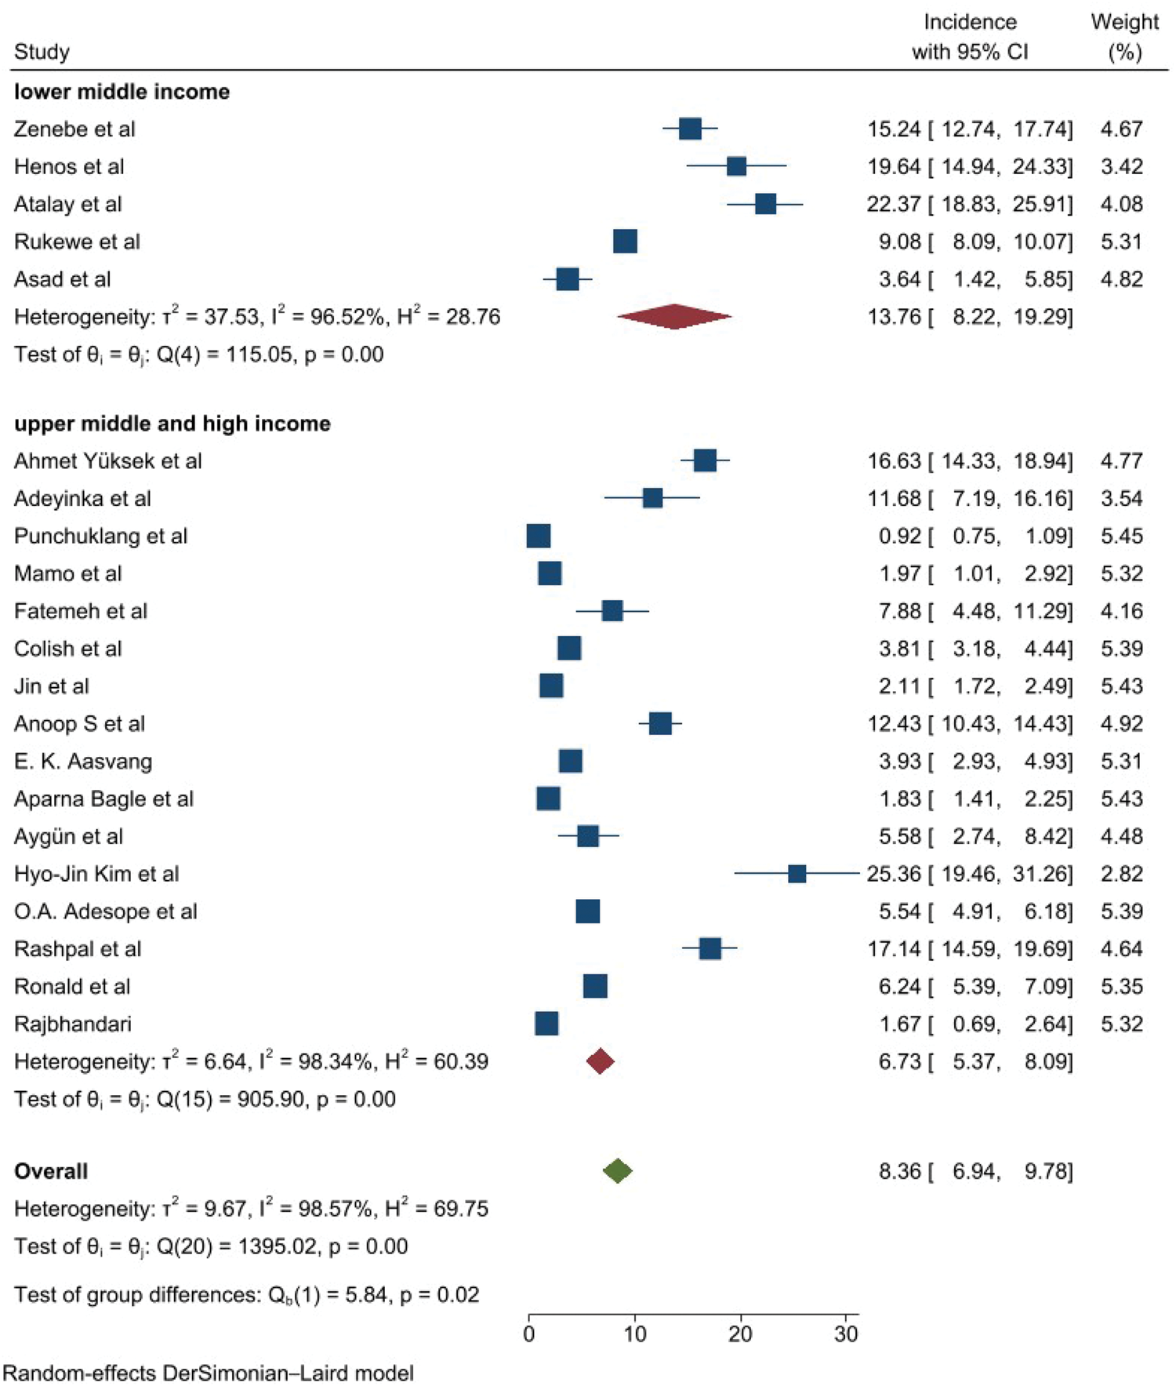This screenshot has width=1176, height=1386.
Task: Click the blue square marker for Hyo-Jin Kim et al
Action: click(797, 874)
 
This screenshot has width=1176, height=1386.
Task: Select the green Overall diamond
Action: click(618, 1170)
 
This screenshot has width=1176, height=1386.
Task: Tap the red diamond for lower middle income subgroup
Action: click(674, 316)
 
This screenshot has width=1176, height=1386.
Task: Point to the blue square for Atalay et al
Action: click(765, 204)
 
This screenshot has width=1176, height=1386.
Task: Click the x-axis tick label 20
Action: click(740, 1333)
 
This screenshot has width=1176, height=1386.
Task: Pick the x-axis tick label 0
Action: click(529, 1333)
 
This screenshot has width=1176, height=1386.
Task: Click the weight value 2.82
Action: click(1121, 874)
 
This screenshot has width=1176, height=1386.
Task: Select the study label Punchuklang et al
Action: click(100, 537)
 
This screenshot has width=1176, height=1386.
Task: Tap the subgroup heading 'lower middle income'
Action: click(122, 92)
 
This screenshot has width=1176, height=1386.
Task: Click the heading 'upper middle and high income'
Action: click(172, 424)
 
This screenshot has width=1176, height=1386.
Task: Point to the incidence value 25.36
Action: click(894, 874)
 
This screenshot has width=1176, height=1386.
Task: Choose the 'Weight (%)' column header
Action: click(1124, 37)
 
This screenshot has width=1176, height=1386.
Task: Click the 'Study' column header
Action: click(42, 52)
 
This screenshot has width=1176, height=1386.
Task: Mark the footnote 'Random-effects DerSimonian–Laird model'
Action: click(209, 1373)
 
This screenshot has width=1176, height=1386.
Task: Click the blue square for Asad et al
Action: click(567, 279)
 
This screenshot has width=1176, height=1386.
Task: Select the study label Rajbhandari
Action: click(73, 1024)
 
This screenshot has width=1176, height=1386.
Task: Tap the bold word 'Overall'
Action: click(51, 1171)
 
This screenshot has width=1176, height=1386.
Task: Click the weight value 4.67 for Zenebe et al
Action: click(1121, 129)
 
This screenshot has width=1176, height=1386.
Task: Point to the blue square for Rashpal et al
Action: click(710, 948)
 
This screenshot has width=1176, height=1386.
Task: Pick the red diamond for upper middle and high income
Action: click(600, 1061)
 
